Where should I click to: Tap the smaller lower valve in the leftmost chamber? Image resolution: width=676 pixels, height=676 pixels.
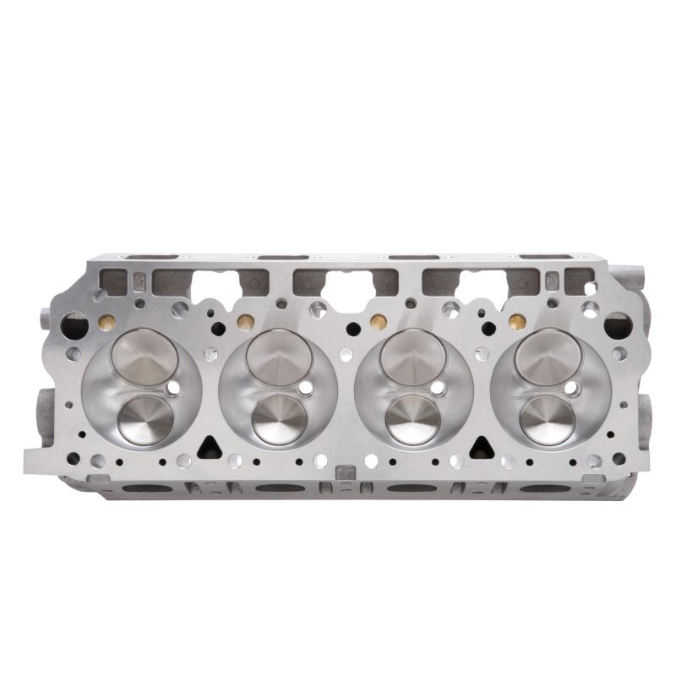click(x=145, y=418)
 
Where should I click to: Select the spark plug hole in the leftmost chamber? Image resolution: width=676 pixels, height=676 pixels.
click(x=173, y=388)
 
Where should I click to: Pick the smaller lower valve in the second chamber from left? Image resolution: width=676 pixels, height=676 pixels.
click(x=279, y=418)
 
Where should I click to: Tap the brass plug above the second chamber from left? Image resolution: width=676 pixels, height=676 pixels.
click(x=245, y=322)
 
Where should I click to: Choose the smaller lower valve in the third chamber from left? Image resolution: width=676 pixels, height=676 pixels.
click(x=413, y=418)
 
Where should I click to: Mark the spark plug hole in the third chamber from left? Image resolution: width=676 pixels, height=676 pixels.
click(x=438, y=390)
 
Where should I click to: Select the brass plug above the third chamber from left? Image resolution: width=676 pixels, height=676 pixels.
click(x=379, y=322)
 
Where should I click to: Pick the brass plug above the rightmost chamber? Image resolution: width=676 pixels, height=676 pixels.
click(x=515, y=322)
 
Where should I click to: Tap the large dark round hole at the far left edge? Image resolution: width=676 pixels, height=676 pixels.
click(x=75, y=324)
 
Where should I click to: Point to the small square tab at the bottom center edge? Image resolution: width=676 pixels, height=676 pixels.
click(x=346, y=472)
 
